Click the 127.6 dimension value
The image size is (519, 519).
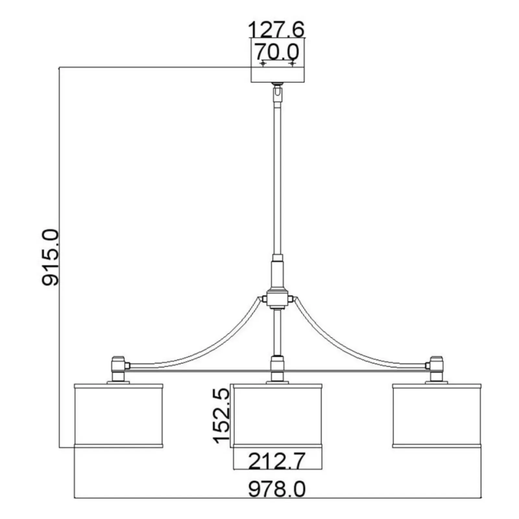click(276, 30)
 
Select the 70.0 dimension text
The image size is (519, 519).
click(276, 52)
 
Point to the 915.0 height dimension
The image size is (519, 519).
click(51, 257)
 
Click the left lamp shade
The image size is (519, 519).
click(118, 416)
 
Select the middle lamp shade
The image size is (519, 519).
click(278, 416)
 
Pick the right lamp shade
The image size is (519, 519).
click(437, 416)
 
